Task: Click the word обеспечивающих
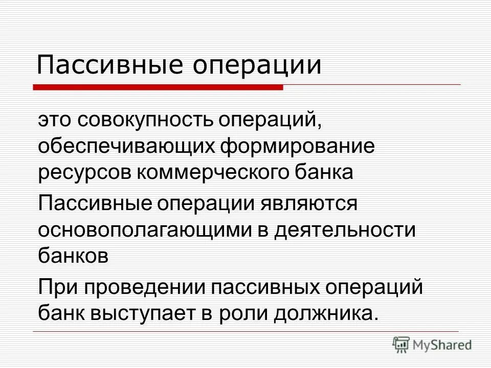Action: point(125,147)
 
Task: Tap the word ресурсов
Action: point(84,172)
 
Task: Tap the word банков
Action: point(73,255)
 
